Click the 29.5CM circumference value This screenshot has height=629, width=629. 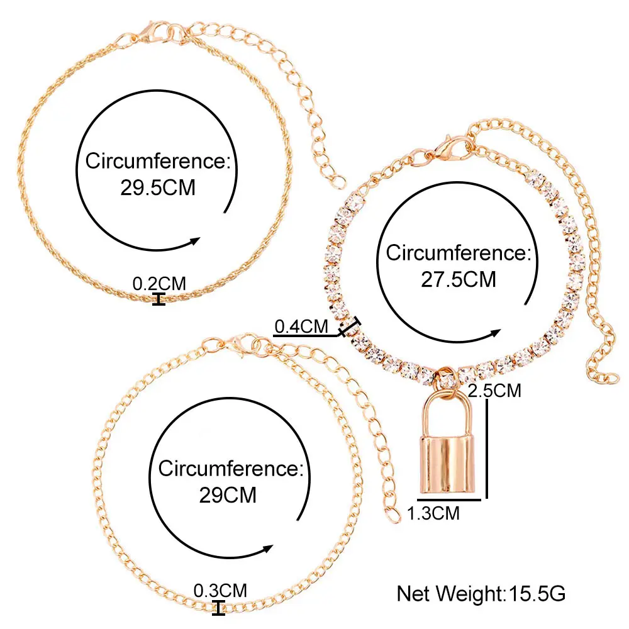pos(158,188)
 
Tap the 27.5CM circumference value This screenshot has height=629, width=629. pos(459,279)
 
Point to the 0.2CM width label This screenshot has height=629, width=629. pos(159,284)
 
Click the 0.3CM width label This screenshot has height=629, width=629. pos(220,591)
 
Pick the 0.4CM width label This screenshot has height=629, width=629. pos(302,326)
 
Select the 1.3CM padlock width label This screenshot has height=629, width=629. pos(433,513)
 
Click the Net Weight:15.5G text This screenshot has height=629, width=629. pos(482,594)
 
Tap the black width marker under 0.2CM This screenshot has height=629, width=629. pos(159,299)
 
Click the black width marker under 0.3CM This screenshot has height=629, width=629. pos(219,608)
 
